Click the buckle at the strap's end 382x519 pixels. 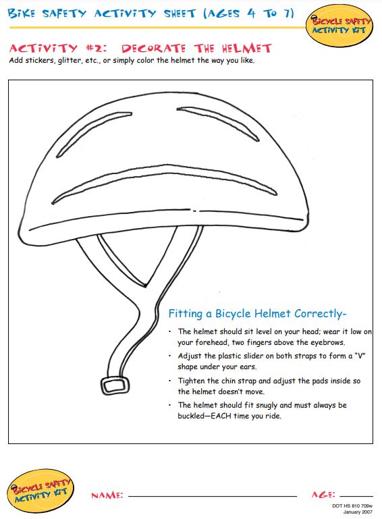[115, 385]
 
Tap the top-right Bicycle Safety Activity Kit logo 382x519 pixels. [340, 26]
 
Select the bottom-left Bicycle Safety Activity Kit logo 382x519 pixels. [40, 491]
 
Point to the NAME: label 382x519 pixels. [107, 495]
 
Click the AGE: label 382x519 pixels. [323, 495]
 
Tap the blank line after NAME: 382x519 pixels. [213, 497]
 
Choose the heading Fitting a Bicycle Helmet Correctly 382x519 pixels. [257, 314]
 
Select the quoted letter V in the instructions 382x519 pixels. [360, 356]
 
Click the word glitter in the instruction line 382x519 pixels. [70, 61]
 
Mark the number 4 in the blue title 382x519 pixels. [252, 13]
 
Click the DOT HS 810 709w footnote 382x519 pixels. [352, 506]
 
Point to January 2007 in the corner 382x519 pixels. [358, 512]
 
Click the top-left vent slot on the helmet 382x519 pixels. [94, 134]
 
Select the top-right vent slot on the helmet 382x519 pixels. [218, 123]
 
